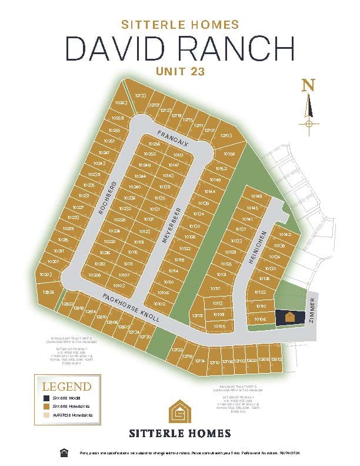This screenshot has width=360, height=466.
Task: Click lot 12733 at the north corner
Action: (x=140, y=95)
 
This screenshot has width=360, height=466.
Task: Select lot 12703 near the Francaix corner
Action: (x=226, y=136)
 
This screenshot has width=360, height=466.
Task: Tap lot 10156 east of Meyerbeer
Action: (x=229, y=154)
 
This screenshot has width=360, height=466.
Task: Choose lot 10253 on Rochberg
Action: (x=115, y=117)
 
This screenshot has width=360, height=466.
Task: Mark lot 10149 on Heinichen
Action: (x=256, y=197)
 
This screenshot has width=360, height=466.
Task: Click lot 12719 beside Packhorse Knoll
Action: (x=197, y=316)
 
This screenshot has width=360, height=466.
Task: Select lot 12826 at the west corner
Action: (x=49, y=292)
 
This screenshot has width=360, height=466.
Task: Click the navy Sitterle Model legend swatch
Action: (x=46, y=399)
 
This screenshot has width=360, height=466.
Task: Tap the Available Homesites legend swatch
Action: (x=46, y=415)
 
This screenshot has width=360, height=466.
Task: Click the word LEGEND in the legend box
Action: (x=66, y=387)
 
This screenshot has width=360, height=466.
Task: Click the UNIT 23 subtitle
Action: (x=180, y=71)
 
